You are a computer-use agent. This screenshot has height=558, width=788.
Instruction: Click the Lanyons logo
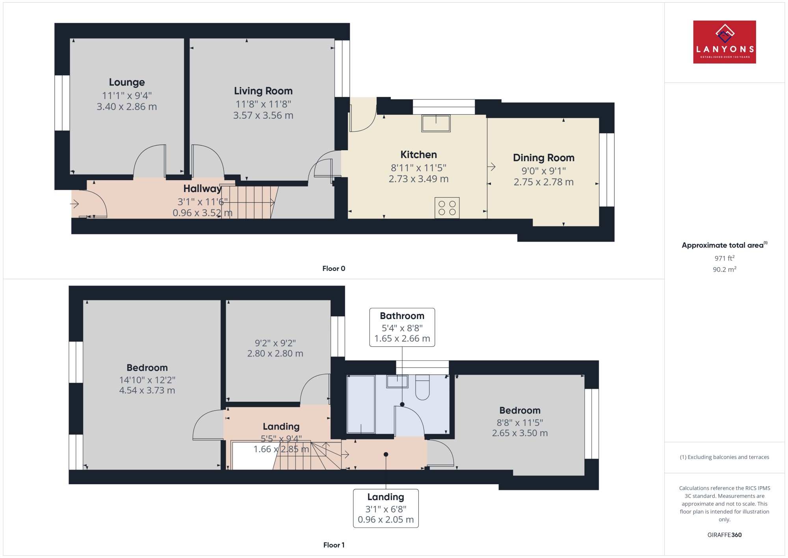[725, 42]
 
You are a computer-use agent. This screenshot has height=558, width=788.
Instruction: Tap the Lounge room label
[127, 82]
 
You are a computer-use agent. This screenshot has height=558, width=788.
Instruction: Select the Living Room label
[263, 91]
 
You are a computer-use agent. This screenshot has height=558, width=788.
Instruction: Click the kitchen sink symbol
[436, 123]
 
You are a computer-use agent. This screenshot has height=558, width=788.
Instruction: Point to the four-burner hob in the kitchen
[447, 208]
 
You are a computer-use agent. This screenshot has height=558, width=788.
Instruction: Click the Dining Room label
[544, 158]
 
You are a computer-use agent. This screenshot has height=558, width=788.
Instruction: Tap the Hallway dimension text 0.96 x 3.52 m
[203, 213]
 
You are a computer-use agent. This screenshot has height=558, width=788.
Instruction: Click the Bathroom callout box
[402, 327]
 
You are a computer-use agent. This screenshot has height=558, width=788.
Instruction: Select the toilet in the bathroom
[422, 387]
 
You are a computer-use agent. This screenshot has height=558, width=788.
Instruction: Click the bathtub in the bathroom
[361, 404]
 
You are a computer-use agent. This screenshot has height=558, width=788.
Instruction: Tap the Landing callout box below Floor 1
[386, 508]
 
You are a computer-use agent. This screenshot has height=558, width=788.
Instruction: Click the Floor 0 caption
[334, 269]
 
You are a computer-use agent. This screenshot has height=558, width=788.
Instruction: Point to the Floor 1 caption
[334, 545]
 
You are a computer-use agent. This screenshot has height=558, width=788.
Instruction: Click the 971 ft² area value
[725, 258]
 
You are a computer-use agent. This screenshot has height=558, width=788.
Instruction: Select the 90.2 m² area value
[725, 269]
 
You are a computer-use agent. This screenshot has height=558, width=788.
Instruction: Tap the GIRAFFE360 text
[725, 535]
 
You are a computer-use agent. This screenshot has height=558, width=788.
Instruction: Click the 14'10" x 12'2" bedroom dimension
[147, 380]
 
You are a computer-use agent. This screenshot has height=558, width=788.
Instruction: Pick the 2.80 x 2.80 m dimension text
[275, 354]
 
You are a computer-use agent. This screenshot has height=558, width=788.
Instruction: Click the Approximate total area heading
[725, 245]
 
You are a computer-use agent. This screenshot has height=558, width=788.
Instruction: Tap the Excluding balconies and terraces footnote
[725, 457]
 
